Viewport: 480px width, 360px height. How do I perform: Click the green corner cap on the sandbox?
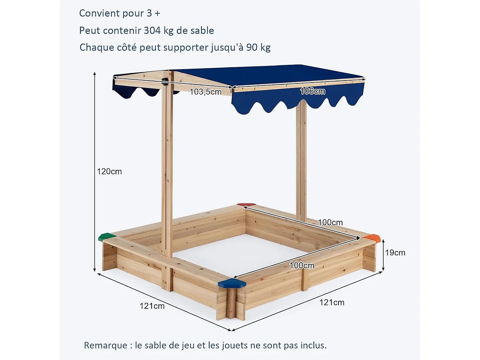[x=107, y=237]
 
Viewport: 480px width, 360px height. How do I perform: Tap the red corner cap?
[x=246, y=204]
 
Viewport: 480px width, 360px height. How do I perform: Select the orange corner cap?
[x=372, y=237]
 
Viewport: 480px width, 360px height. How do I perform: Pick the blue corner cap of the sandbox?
[x=232, y=283]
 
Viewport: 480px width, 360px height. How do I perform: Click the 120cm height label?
[x=109, y=172]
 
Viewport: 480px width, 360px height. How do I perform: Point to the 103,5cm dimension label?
[x=205, y=92]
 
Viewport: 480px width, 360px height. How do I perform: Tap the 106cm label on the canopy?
[x=313, y=91]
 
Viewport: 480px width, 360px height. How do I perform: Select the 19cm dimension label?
[x=395, y=253]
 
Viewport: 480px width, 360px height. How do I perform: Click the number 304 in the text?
[x=152, y=30]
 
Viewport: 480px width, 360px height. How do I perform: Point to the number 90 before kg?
[x=252, y=47]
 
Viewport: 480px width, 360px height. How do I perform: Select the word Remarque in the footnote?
[x=106, y=345]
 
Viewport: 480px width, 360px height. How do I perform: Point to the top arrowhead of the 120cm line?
[x=95, y=74]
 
